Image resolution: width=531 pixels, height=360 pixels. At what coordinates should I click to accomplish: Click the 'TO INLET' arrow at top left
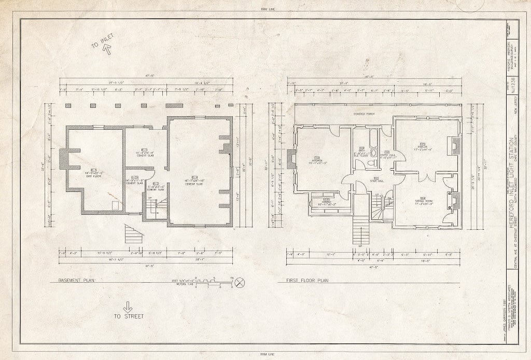[x=108, y=50]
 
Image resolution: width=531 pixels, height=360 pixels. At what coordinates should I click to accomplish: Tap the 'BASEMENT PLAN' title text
[x=74, y=280]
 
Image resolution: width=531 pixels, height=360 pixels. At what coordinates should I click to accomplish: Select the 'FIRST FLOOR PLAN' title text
[x=308, y=280]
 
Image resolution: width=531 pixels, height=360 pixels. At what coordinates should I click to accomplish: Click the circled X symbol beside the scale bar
[x=240, y=283]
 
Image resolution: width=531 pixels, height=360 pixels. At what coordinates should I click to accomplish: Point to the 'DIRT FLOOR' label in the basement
[x=93, y=175]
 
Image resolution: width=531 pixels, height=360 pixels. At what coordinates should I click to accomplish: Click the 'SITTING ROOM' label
[x=423, y=201]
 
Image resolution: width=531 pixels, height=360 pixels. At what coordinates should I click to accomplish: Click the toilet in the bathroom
[x=371, y=163]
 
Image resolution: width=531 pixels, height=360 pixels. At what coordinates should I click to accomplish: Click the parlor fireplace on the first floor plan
[x=456, y=146]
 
